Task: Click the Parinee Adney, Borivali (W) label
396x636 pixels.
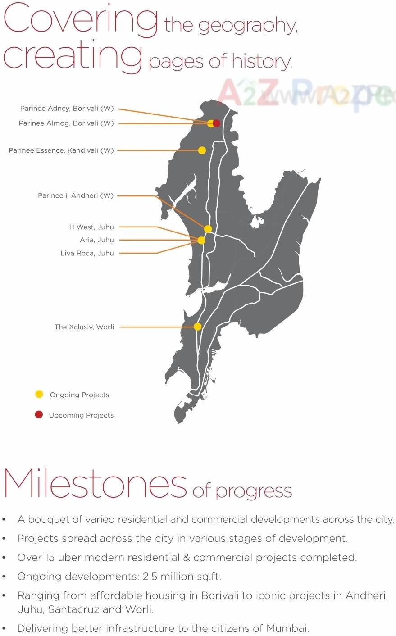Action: pos(67,109)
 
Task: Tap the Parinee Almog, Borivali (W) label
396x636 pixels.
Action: pos(66,123)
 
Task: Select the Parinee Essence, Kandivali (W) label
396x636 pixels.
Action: pos(61,150)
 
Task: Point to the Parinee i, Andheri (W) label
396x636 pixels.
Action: pos(75,196)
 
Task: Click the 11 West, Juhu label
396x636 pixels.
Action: pos(91,227)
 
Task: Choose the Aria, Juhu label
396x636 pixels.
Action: pos(96,240)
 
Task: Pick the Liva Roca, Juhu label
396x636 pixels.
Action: pos(87,254)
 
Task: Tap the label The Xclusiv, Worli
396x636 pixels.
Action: pos(84,327)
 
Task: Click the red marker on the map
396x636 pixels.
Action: pos(217,123)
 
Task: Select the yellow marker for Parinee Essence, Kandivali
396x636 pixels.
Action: pos(202,150)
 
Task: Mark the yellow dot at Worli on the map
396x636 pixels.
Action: pos(197,327)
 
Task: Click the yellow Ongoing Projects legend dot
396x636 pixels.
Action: pos(39,395)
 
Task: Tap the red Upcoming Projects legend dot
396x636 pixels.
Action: pos(39,415)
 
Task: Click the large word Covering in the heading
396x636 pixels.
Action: pos(80,20)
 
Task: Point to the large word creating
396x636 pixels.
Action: pos(72,56)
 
